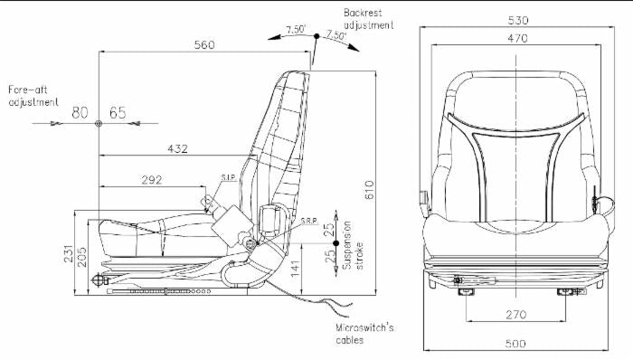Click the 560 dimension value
204,44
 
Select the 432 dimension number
177,149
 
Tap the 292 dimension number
152,180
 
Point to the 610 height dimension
369,190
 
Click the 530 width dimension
518,20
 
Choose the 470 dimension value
517,38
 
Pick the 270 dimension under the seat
516,314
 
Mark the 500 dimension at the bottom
515,344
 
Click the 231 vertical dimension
69,253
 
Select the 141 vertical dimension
295,269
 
